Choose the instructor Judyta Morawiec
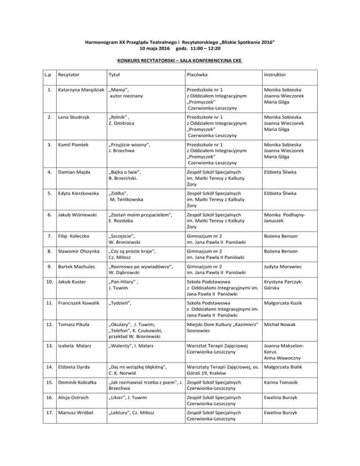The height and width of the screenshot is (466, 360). point(285,267)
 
